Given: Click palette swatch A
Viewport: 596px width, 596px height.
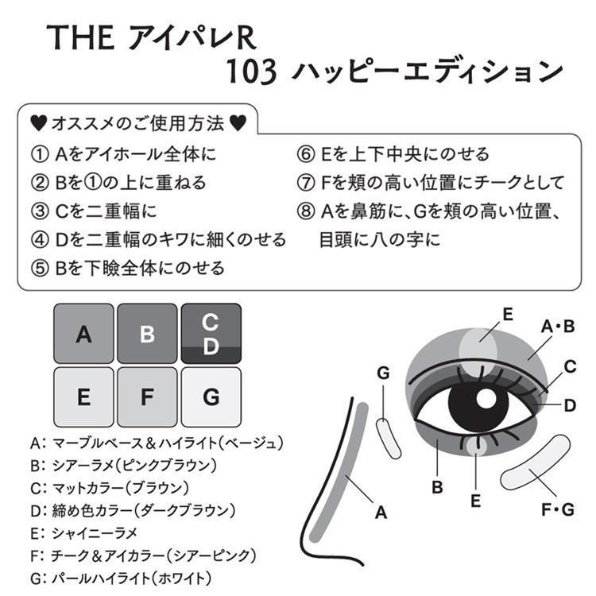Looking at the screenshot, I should coord(83,334).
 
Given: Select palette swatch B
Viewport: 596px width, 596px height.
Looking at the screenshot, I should coord(147,334).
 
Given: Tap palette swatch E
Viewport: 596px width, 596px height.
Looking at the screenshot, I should coord(83,397).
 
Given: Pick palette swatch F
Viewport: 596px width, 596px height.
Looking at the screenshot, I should coord(147,397).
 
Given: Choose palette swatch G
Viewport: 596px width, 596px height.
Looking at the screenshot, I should coord(211,397).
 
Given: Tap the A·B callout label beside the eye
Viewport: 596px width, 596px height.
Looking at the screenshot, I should coord(558,325).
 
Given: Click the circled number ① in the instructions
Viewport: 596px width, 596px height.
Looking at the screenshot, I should coord(39,154).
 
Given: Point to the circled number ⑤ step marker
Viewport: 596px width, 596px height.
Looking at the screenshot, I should coord(39,268).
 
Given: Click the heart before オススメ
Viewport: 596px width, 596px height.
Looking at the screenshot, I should coord(37,124).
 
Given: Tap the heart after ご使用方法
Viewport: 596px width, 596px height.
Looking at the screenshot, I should coord(237,124).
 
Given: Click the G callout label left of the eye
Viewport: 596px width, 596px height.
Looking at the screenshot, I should coord(383,372).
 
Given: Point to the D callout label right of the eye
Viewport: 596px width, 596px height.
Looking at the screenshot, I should coord(569,405).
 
